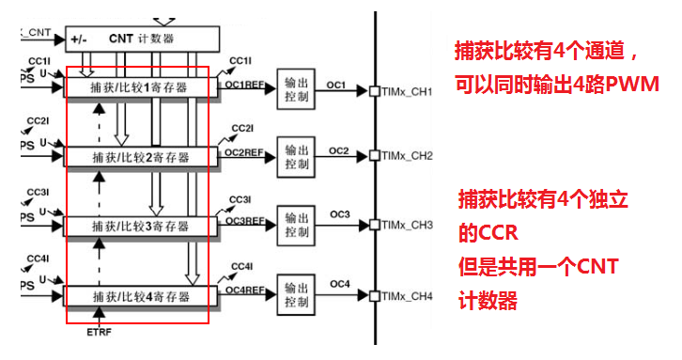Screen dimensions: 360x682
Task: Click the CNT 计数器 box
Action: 142,39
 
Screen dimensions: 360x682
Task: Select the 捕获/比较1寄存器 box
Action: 140,87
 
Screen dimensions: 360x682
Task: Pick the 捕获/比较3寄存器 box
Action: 140,227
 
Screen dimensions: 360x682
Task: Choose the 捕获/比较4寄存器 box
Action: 140,297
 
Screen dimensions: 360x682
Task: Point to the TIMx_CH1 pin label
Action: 408,91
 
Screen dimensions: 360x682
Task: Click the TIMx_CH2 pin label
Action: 408,155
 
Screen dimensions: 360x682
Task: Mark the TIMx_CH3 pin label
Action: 408,226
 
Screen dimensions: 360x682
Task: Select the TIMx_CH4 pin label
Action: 408,296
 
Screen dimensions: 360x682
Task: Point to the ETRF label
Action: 99,333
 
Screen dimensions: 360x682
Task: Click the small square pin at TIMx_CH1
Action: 375,91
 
